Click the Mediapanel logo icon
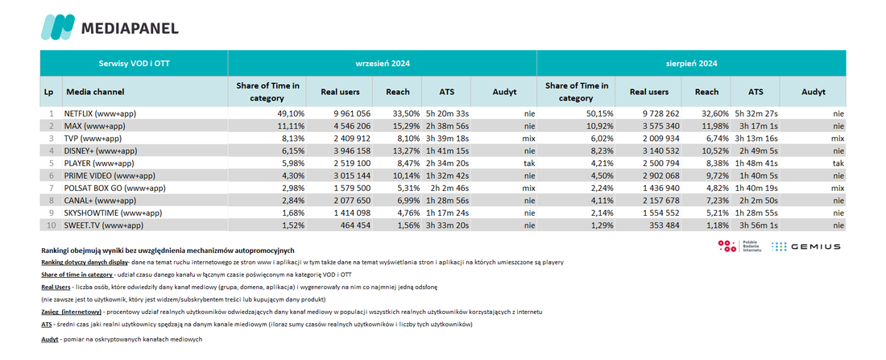point(58,27)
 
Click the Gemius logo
point(805,246)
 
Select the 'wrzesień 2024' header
point(383,64)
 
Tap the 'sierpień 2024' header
point(691,64)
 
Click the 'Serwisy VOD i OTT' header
point(134,64)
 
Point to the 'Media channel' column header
point(96,92)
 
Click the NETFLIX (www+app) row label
point(101,114)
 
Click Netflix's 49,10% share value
point(292,114)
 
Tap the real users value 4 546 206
point(351,126)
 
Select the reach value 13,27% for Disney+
point(406,151)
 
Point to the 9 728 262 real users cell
point(657,114)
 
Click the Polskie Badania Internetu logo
point(739,246)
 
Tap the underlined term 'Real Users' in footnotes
point(55,287)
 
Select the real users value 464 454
point(355,225)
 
